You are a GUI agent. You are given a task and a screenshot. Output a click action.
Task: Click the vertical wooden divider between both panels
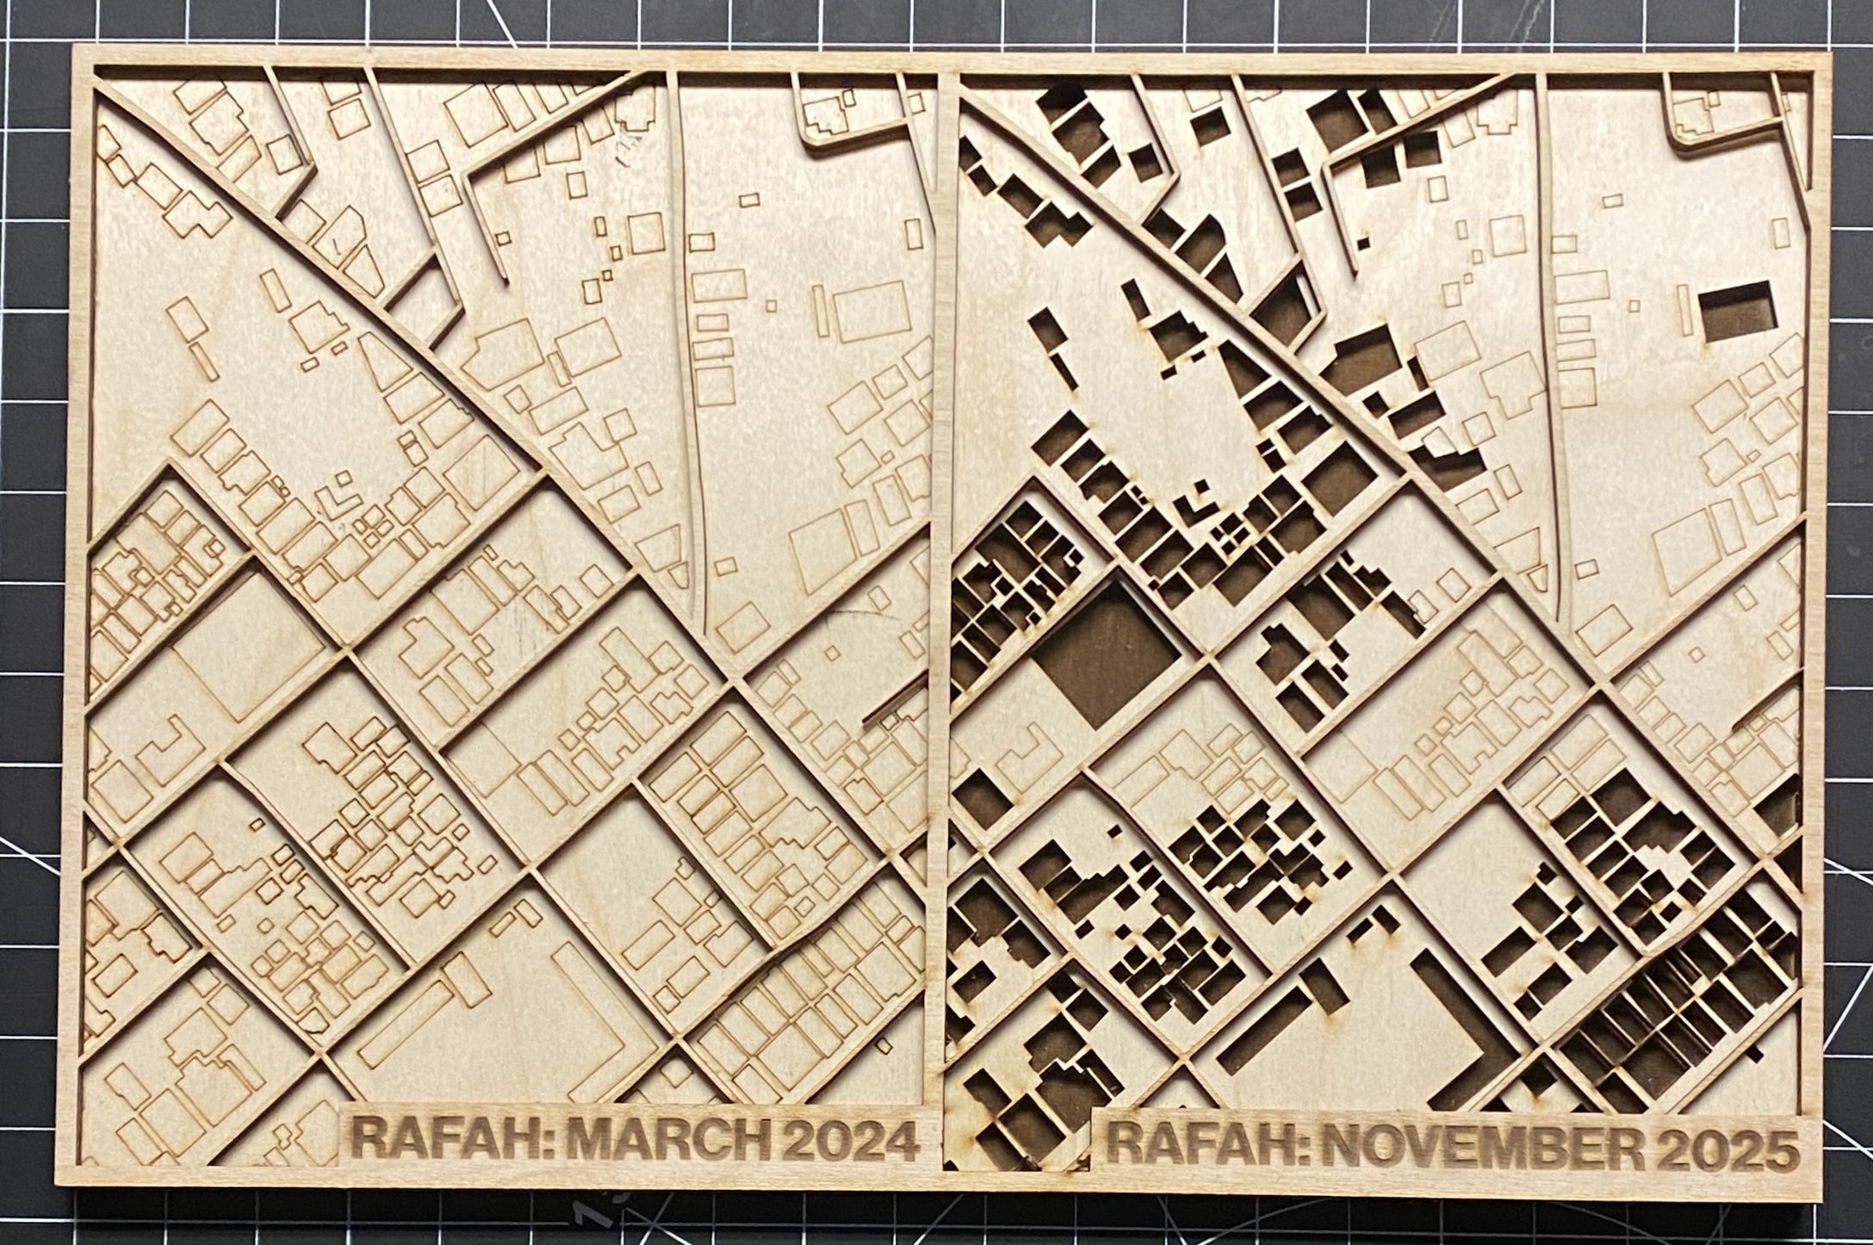tap(945, 603)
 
